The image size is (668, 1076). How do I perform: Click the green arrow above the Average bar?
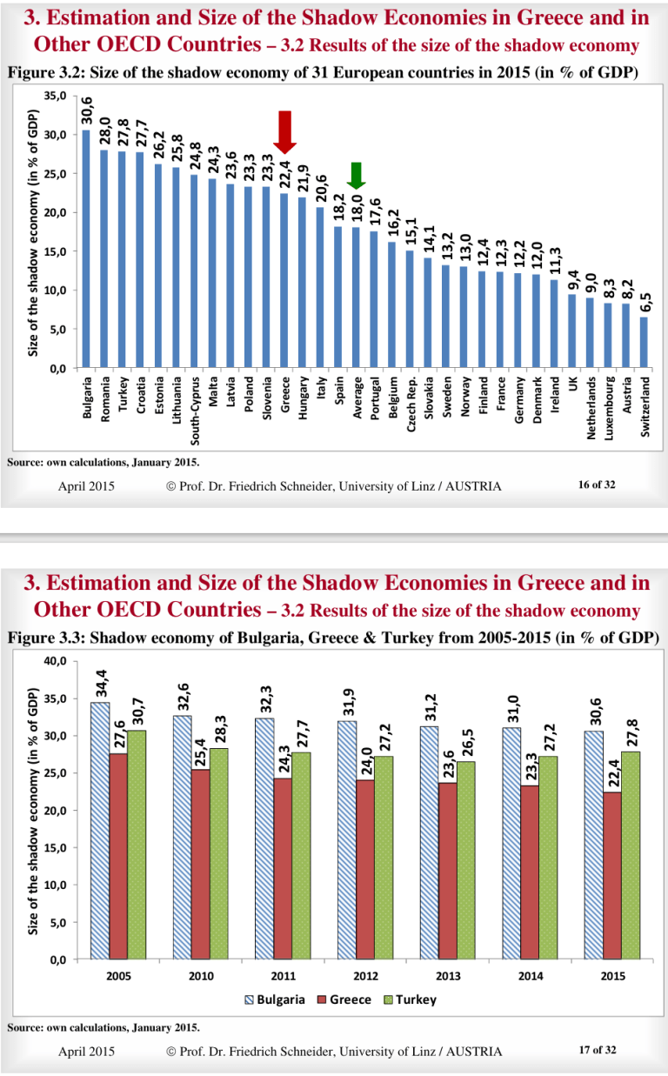click(x=356, y=176)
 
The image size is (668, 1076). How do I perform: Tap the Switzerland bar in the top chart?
click(x=644, y=342)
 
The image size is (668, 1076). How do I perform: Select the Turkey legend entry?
click(x=409, y=999)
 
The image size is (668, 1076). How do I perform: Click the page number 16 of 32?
click(x=596, y=485)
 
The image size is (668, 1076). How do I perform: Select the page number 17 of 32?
click(x=596, y=1051)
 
